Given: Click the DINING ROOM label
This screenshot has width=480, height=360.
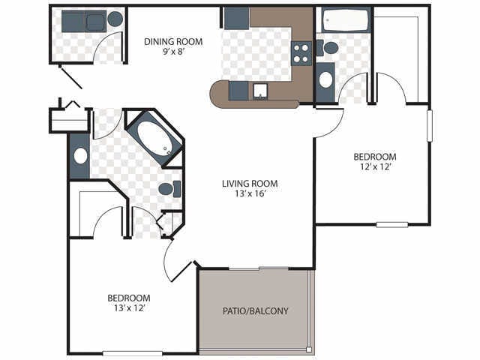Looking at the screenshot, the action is [x=173, y=41].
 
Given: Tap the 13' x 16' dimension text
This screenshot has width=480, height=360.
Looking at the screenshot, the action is [x=250, y=193].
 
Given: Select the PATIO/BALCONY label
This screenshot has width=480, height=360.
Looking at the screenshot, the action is [x=256, y=310].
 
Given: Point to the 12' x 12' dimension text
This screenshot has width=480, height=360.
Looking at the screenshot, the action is [x=375, y=166].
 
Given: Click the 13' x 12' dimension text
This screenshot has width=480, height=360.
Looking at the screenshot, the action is [x=129, y=308].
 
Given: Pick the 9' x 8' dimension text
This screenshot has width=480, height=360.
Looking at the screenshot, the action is [x=173, y=52].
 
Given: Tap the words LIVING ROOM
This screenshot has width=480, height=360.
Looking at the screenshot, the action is [x=250, y=183].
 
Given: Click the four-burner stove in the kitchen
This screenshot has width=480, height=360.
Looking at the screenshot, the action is [x=301, y=53].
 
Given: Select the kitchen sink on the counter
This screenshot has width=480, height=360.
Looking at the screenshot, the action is [x=260, y=91].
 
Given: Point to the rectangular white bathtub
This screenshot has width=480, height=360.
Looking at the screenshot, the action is [x=345, y=20].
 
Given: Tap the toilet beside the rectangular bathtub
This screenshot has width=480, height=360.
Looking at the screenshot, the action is [x=328, y=48].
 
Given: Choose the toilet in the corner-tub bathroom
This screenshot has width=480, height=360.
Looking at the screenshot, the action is [x=170, y=189].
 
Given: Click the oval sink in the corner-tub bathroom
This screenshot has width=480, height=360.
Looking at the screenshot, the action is [x=80, y=156].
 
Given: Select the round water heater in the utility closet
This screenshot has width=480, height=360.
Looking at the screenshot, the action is [x=115, y=19].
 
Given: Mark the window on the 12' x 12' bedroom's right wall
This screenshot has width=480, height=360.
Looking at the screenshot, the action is [x=429, y=126].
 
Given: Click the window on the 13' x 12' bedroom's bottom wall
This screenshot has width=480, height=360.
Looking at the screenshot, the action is [x=132, y=353].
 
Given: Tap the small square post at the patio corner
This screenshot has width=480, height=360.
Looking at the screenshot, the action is [x=309, y=349].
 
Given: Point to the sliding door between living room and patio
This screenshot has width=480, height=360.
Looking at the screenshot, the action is [x=259, y=268].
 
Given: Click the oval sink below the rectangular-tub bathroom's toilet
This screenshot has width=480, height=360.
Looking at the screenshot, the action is [x=325, y=80].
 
